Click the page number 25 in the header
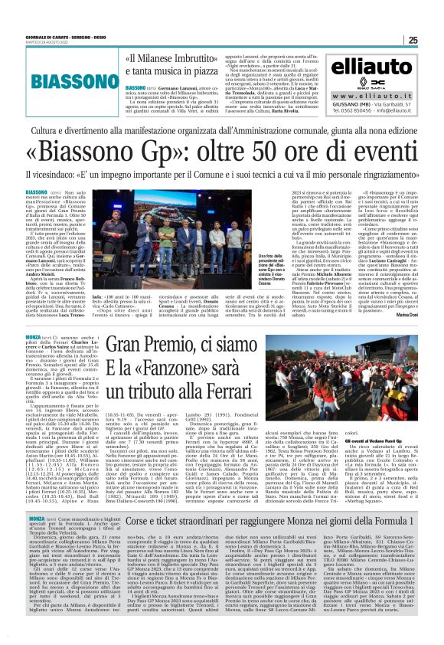433,40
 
